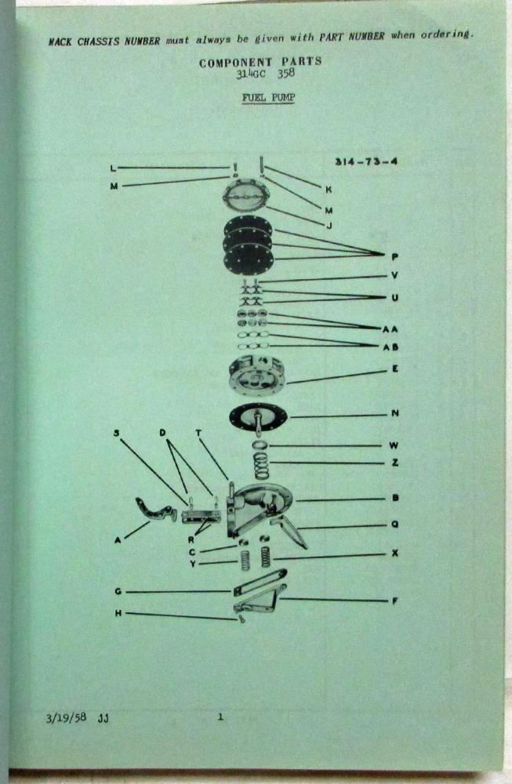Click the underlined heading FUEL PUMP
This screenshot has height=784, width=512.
point(268,97)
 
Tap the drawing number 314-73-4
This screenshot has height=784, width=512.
point(366,162)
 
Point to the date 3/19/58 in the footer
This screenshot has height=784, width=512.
point(66,717)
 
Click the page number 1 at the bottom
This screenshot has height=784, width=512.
point(220,717)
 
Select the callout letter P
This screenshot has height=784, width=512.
point(395,257)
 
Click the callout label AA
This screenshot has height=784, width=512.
point(390,329)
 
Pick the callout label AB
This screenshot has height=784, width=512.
point(390,347)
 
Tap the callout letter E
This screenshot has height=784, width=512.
point(395,369)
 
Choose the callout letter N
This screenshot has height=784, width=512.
point(395,413)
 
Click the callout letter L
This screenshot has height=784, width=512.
point(113,169)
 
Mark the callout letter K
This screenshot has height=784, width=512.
point(329,190)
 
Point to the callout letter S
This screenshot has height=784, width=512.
point(117,433)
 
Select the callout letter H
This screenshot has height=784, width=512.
point(118,613)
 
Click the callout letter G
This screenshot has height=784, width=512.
point(118,591)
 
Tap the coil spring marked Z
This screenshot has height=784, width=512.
point(260,466)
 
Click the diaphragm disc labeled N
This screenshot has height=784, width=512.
point(258,416)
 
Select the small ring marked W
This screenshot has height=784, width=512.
point(260,445)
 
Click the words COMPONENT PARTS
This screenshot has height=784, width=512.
point(260,63)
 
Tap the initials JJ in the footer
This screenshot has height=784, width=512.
point(103,719)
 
